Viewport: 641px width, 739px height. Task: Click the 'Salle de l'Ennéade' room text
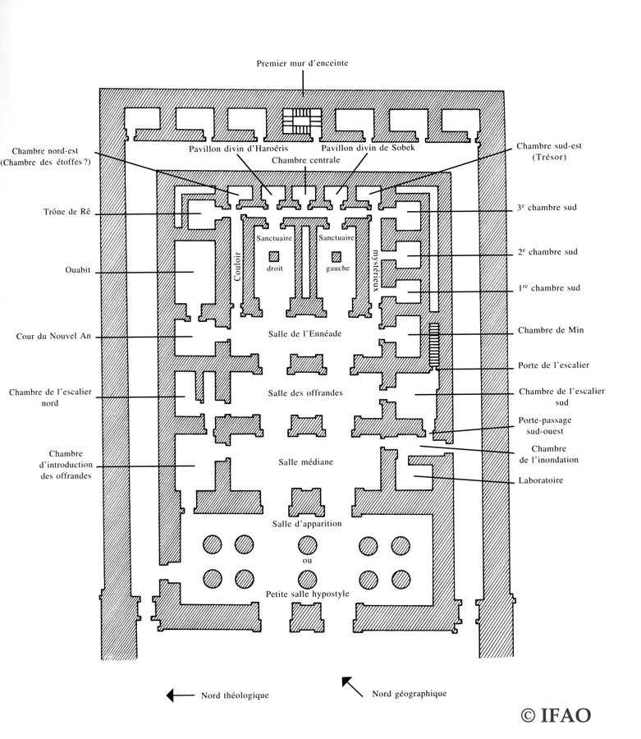pos(305,334)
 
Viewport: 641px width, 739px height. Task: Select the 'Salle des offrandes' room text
pos(305,393)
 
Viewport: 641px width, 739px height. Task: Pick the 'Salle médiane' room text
pos(305,462)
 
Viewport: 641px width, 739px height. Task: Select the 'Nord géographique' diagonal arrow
pos(353,686)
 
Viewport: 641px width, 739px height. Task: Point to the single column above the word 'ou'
pos(307,544)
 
